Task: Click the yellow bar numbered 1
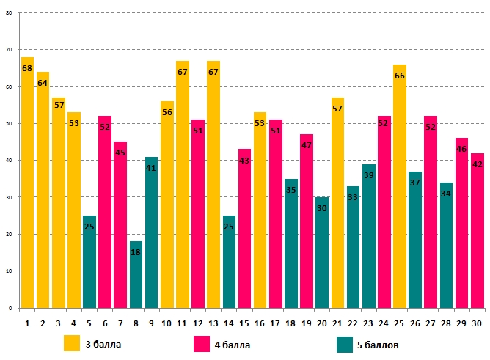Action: coord(27,183)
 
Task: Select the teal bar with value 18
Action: coord(136,275)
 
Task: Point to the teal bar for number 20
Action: coord(322,253)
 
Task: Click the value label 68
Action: coord(27,68)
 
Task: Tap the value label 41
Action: coord(151,168)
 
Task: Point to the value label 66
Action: coord(400,76)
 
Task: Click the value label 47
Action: coord(307,145)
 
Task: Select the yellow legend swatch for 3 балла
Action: coord(72,343)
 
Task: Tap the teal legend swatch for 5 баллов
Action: coord(345,343)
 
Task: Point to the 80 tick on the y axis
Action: coord(10,12)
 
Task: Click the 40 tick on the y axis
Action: coord(10,161)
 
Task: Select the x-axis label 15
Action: coord(244,323)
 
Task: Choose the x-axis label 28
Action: coord(446,323)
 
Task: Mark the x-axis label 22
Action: coord(353,323)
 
